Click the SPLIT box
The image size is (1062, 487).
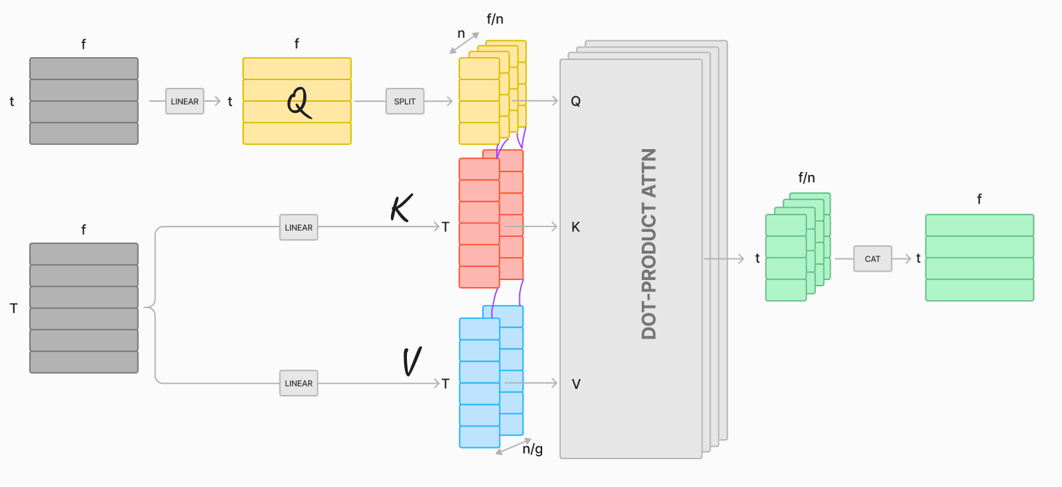405,101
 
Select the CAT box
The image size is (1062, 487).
872,258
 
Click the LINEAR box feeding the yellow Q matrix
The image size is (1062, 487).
185,101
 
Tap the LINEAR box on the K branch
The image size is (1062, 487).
299,227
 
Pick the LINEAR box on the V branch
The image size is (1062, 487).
299,383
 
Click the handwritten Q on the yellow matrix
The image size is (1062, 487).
298,103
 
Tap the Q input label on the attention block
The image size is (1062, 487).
576,101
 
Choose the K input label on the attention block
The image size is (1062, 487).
576,227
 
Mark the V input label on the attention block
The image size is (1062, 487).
576,383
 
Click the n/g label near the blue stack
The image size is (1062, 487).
532,449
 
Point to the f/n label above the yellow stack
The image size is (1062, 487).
495,19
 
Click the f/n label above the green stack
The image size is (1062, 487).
807,178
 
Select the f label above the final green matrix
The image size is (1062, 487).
979,199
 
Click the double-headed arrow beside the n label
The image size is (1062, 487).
464,42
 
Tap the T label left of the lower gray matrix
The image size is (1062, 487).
13,308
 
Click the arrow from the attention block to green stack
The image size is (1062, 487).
724,258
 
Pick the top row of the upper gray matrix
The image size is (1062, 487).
84,68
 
